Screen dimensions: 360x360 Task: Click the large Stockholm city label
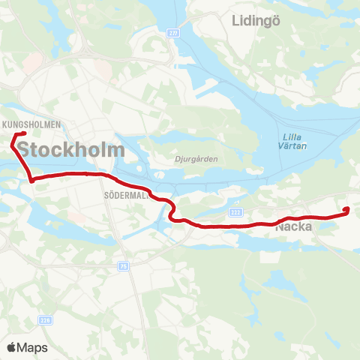[70, 149]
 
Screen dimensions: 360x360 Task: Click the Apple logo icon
[11, 347]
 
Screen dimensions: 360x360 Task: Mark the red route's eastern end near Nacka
[346, 211]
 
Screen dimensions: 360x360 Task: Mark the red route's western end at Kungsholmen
[25, 134]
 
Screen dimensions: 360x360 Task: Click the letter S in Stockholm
[24, 150]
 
